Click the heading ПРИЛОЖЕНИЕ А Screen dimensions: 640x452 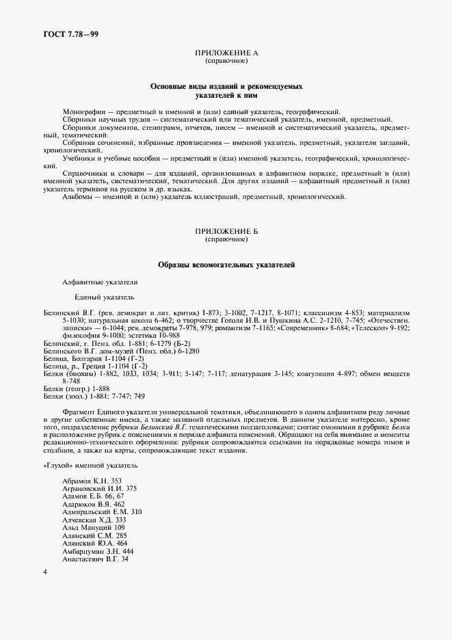coord(226,53)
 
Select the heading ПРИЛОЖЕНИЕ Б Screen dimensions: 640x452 coord(226,233)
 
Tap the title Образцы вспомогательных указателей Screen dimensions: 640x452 coord(226,265)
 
